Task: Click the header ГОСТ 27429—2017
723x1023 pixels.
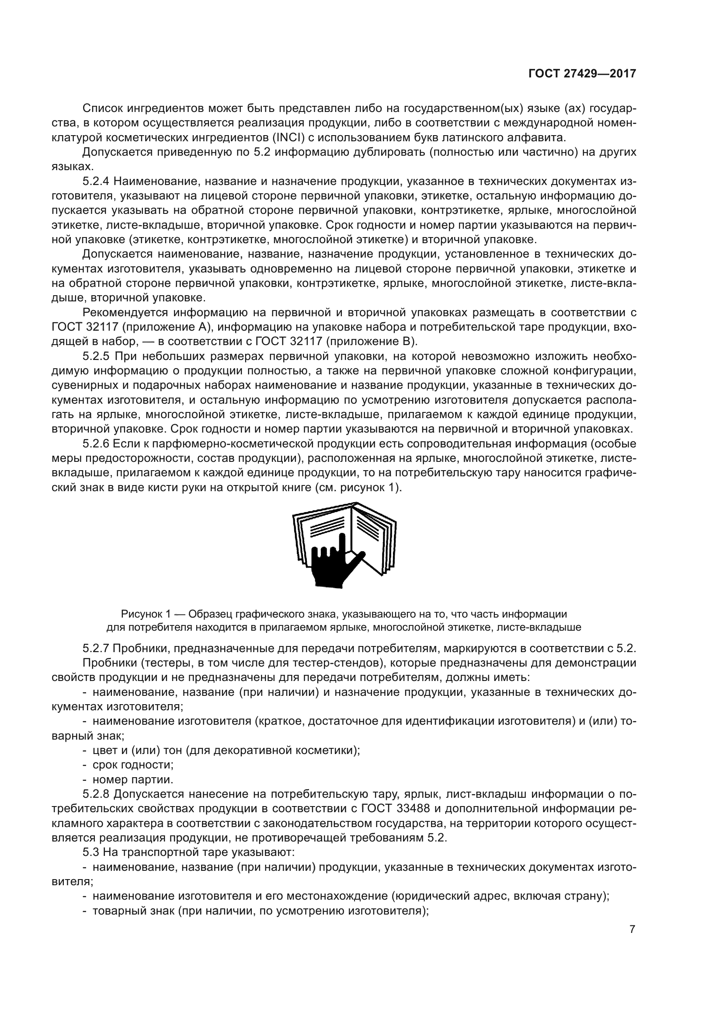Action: click(582, 74)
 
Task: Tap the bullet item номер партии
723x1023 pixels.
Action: click(132, 779)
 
